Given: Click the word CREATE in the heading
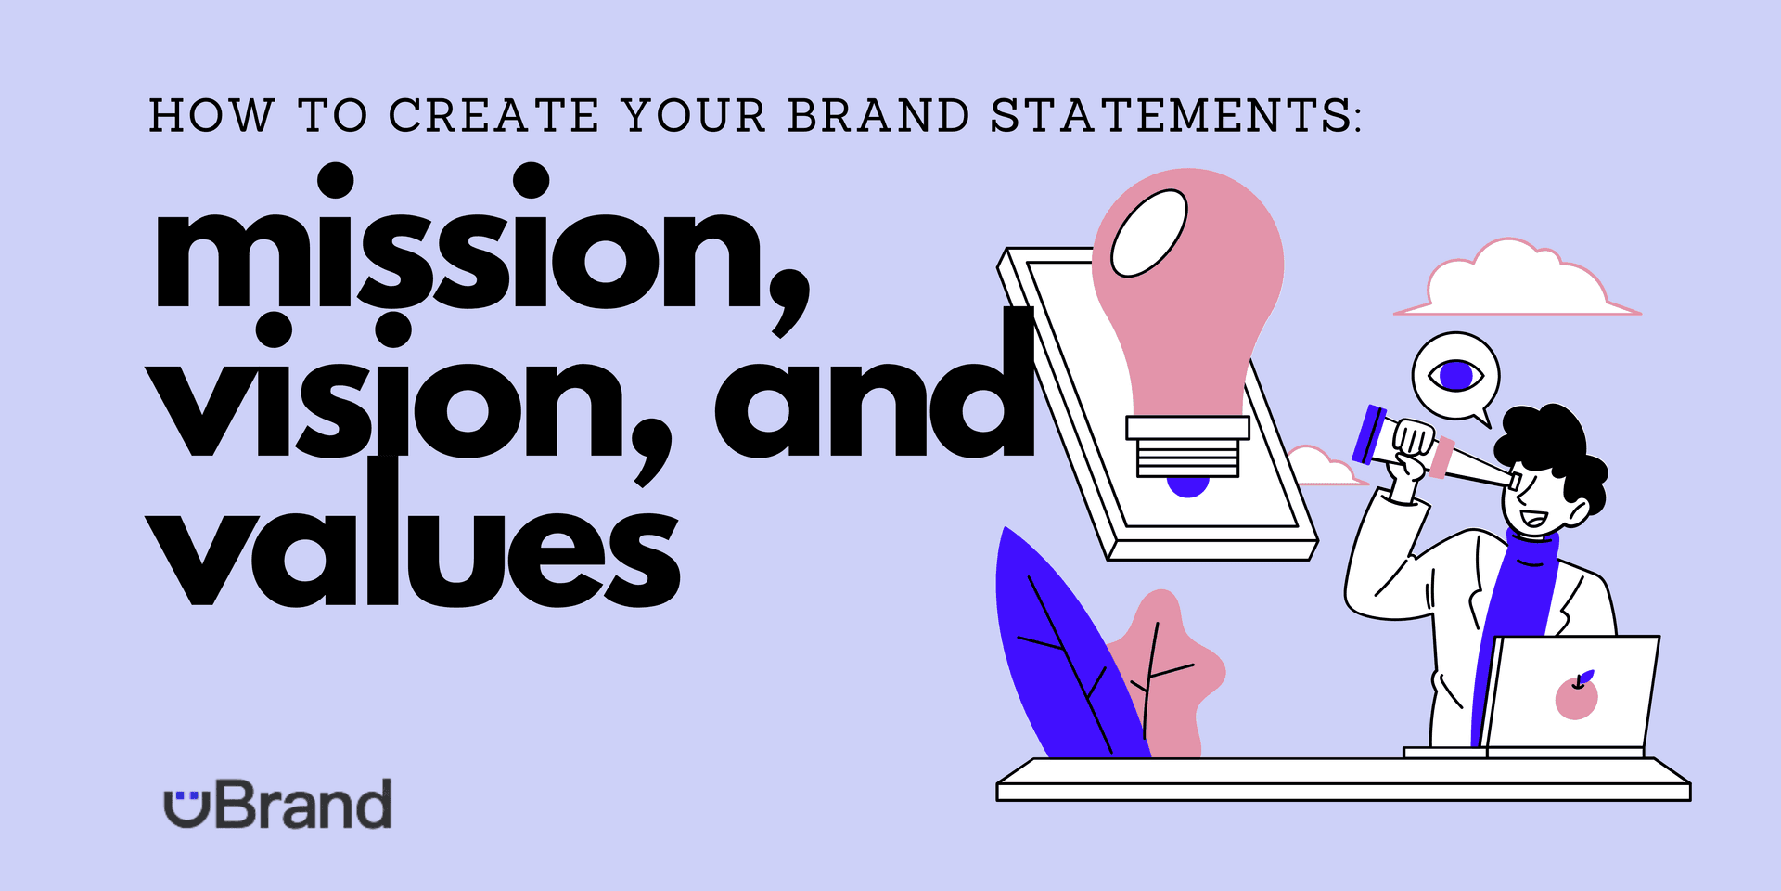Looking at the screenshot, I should coord(493,116).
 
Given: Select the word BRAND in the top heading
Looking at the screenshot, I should coord(878,116).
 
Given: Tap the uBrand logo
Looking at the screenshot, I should coord(278,805).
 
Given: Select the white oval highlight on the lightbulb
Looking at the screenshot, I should coord(1149,233).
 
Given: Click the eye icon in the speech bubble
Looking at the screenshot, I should coord(1455,376).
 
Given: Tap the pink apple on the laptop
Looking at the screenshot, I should coord(1576,698).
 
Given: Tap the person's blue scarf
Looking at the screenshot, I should coord(1521,594).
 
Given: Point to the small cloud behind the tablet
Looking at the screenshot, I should coord(1322,469).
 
